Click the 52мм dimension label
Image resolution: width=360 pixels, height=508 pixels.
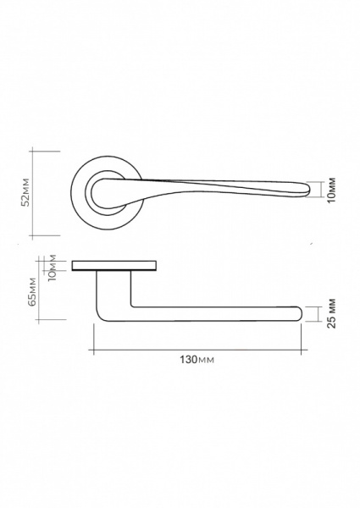[x=25, y=192]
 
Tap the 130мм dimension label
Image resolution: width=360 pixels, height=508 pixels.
[x=197, y=360]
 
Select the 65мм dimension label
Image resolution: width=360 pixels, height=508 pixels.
[x=32, y=291]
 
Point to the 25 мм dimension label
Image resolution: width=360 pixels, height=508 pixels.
[x=331, y=313]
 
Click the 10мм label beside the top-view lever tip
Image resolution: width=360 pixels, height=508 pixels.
[x=331, y=190]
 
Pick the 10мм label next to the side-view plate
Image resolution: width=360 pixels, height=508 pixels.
[x=52, y=268]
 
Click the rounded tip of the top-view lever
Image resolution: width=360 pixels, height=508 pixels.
[x=307, y=190]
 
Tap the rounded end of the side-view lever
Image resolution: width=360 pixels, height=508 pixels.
[x=299, y=313]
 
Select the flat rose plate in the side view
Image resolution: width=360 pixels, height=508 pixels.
[x=114, y=265]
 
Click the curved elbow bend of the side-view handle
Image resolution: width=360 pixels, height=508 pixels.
[x=101, y=316]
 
